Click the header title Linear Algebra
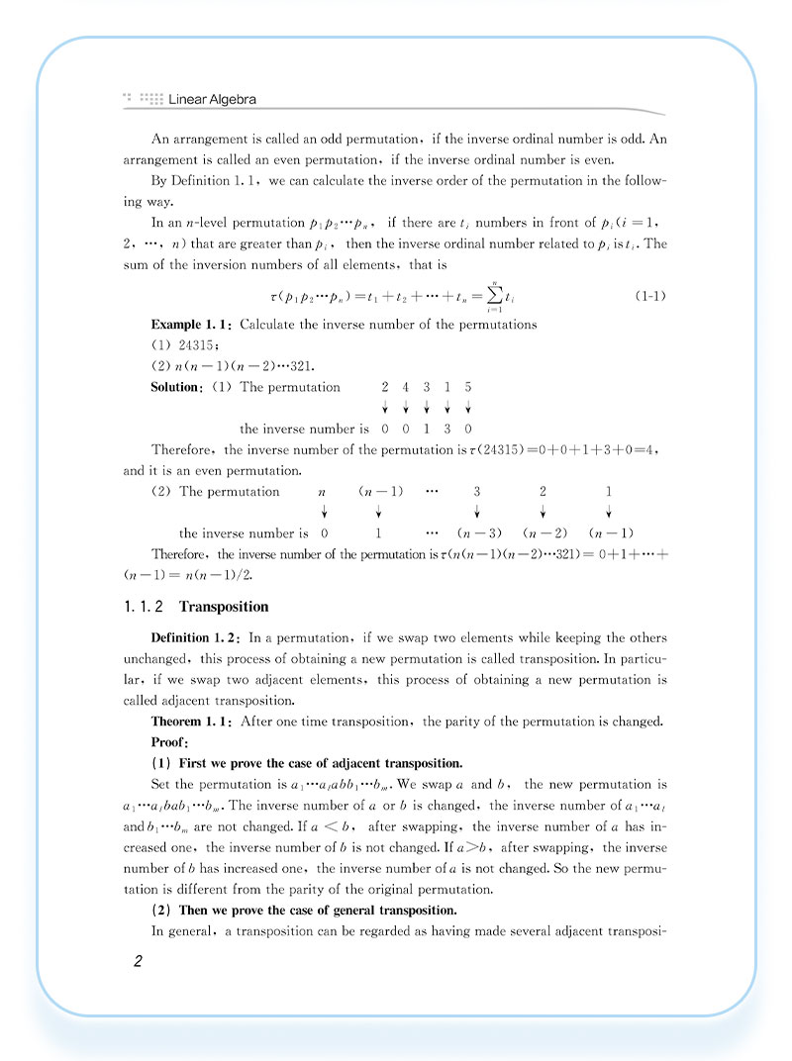click(213, 99)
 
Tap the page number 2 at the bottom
click(139, 962)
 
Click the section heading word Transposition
click(224, 607)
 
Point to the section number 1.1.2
click(145, 607)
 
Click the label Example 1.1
click(192, 325)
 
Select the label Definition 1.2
click(195, 637)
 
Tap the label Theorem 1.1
click(192, 721)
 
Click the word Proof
click(169, 741)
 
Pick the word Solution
click(176, 387)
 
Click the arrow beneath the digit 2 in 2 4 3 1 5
click(384, 407)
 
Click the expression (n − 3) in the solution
click(477, 533)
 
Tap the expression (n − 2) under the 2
click(543, 533)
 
